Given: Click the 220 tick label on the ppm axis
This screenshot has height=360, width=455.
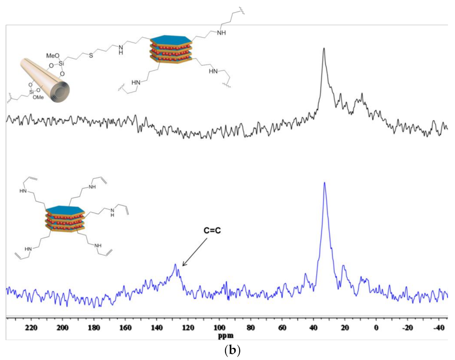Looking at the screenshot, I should (x=31, y=328).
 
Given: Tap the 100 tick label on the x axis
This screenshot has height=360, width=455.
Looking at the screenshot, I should (x=219, y=328).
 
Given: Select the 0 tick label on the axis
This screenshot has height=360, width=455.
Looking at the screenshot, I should (x=376, y=328).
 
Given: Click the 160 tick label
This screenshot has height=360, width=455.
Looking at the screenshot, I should (x=125, y=328).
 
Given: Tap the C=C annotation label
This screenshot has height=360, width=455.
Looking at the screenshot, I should (x=212, y=231).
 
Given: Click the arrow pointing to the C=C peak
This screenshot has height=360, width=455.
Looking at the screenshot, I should (x=194, y=252).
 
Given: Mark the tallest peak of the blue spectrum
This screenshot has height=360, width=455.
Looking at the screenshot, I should (x=324, y=183).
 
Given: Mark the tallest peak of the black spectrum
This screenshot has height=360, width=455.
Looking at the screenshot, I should (x=324, y=49).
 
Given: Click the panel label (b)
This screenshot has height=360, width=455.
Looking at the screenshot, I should (x=232, y=350).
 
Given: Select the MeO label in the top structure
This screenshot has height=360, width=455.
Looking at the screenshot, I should (x=52, y=56).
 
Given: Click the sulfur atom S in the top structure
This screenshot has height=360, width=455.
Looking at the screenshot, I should (x=91, y=55).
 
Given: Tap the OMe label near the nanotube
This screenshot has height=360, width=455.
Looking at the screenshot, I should (x=38, y=97).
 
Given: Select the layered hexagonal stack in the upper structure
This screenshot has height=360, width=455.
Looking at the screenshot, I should (x=171, y=49).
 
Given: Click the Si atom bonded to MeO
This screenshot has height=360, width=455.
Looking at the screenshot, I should (x=61, y=64).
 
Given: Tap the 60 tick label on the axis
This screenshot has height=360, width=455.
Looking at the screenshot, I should (x=282, y=328).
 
